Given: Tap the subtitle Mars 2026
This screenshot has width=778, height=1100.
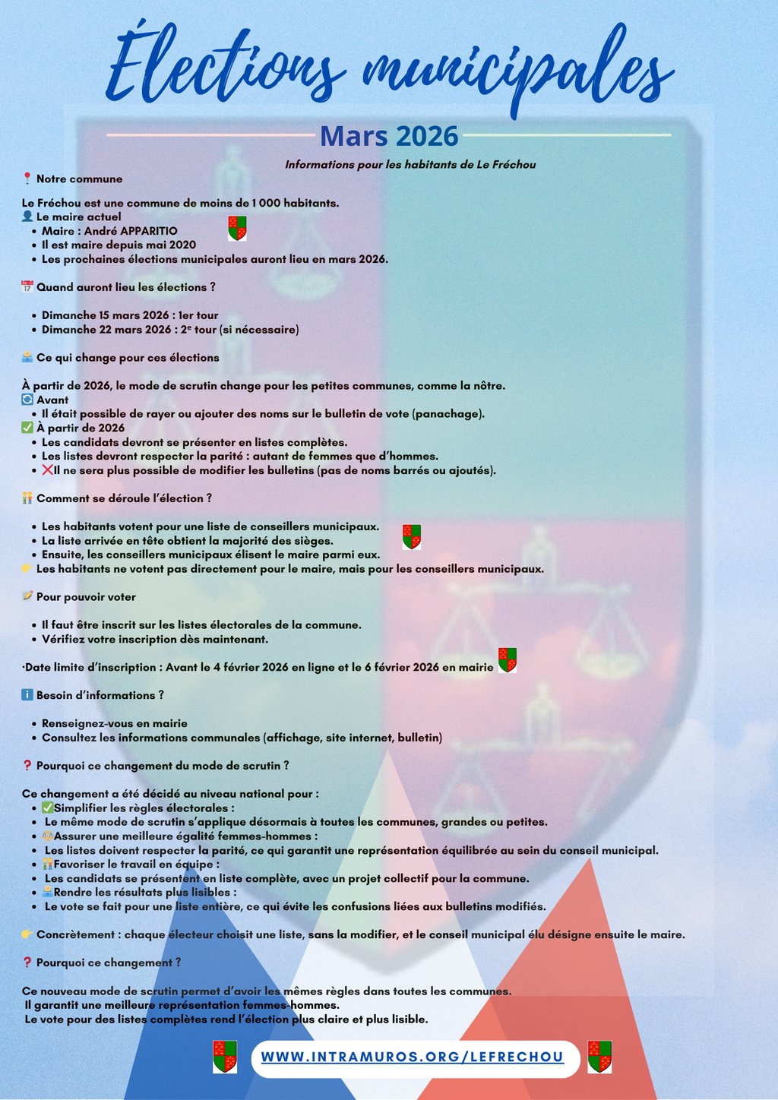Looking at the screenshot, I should (389, 136).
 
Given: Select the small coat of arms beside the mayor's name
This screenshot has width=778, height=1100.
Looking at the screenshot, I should (237, 228).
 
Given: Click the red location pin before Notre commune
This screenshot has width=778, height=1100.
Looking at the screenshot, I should (27, 179).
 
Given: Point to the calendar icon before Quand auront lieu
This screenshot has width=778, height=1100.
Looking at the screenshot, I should (27, 287).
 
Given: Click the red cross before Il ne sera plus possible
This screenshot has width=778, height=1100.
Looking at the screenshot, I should (47, 470).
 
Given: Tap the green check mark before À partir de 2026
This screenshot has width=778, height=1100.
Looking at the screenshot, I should (27, 428).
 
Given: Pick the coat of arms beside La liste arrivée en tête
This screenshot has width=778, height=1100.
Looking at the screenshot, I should (412, 536).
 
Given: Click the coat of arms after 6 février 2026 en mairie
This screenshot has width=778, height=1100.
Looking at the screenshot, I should (508, 659).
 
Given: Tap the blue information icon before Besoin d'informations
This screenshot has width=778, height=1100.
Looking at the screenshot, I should (27, 695).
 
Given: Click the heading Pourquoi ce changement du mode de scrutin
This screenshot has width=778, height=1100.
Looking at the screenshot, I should (163, 766).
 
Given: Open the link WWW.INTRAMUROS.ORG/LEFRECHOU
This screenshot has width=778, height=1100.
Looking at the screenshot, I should (413, 1057).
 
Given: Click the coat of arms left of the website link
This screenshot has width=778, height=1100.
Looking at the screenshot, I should (225, 1056).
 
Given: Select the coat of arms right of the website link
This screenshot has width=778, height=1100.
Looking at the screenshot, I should (599, 1056).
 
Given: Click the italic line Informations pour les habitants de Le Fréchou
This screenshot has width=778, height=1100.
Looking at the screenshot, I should (410, 165).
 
